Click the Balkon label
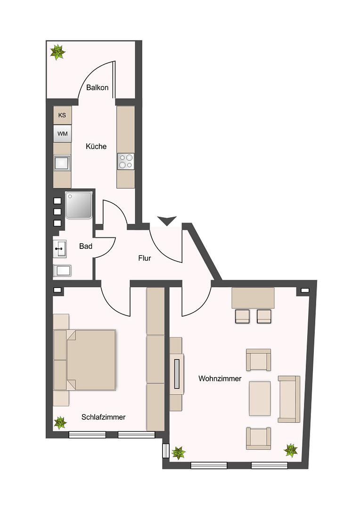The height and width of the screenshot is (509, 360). [x=97, y=88]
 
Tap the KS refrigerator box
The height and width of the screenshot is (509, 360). [x=62, y=115]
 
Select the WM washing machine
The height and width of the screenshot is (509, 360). [x=62, y=133]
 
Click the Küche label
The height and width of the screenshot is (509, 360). [x=96, y=147]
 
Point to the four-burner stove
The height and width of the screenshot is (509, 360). [x=126, y=161]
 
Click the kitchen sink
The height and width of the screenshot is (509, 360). [x=62, y=163]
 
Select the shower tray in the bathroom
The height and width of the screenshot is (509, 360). [x=79, y=205]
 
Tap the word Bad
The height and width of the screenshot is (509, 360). [x=86, y=246]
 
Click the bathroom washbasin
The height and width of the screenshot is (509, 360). [x=60, y=249]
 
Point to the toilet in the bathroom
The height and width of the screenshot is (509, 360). [x=62, y=271]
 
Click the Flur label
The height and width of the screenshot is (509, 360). [x=145, y=258]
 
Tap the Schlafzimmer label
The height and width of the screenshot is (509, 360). [x=103, y=417]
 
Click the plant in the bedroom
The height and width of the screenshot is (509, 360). [x=60, y=423]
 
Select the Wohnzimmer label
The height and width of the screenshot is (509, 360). [x=220, y=378]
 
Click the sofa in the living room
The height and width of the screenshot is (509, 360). [x=289, y=399]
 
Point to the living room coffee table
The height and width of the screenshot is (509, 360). [x=260, y=398]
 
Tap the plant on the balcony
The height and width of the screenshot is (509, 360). [x=58, y=52]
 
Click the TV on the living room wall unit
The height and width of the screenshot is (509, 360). [x=177, y=374]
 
